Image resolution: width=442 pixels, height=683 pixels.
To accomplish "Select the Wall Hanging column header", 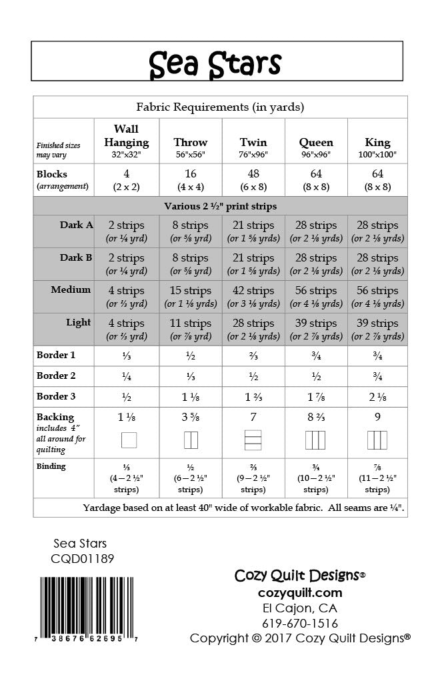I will [127, 141].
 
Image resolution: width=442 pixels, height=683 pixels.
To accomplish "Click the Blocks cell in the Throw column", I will [191, 180].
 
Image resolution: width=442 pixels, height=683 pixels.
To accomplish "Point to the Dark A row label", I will [77, 225].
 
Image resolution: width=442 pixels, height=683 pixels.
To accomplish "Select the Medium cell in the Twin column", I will [253, 297].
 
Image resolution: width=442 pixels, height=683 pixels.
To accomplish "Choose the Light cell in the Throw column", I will [191, 329].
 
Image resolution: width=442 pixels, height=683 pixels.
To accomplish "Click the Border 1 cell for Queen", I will [316, 356].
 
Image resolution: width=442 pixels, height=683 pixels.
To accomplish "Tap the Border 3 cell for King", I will [377, 397].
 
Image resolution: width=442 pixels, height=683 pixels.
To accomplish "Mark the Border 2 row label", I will [56, 376].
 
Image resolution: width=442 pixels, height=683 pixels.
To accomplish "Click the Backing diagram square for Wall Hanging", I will [128, 440].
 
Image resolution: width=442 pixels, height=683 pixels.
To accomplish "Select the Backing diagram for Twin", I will [253, 440].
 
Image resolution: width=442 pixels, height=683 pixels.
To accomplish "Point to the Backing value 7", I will [253, 418].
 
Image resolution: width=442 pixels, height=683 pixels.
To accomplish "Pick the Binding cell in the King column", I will [377, 479].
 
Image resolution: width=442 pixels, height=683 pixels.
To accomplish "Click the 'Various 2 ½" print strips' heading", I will [220, 206].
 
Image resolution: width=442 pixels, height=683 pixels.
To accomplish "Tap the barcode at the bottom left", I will [89, 608].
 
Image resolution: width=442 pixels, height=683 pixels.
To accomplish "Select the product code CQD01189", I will [82, 559].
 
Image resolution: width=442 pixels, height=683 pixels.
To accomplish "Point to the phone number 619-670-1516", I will [300, 624].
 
